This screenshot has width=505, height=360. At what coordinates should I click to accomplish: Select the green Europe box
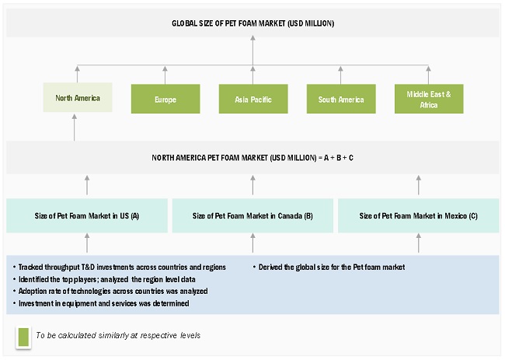coord(164,100)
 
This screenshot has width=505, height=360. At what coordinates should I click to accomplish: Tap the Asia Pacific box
coord(252,100)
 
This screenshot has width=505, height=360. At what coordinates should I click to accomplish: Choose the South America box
coord(340,100)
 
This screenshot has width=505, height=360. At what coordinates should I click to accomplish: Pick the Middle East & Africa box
coord(428,100)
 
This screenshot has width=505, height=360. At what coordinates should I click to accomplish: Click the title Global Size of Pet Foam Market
coord(252,23)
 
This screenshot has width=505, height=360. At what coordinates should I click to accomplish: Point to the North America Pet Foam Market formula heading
coord(252,158)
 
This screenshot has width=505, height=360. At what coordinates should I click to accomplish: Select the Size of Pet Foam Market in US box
coord(86,215)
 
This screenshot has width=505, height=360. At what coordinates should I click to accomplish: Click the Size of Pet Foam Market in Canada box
coord(252,215)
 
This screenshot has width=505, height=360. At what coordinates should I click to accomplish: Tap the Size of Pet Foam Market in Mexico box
coord(419,215)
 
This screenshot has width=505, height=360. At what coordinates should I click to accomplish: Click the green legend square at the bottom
coord(23,336)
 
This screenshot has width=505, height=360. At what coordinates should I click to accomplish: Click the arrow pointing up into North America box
coord(75,127)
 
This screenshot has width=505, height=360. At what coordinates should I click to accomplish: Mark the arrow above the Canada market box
coord(252,185)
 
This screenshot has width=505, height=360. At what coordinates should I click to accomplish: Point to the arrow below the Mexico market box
coord(419,243)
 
